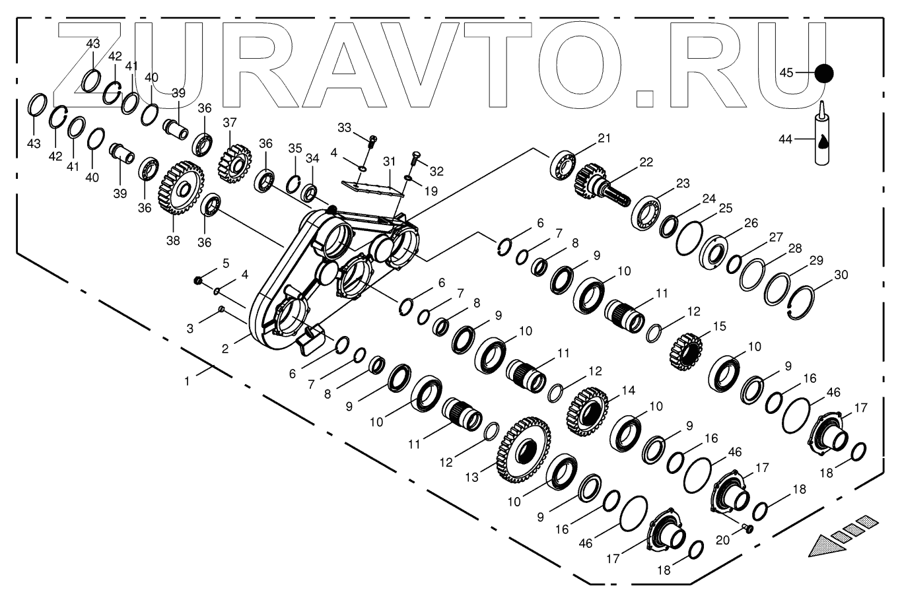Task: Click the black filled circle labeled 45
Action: point(823,73)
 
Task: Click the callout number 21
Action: point(604,138)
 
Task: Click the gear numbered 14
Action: point(587,407)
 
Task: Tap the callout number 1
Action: point(188,381)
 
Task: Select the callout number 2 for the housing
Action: point(225,349)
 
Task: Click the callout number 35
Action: point(294,147)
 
